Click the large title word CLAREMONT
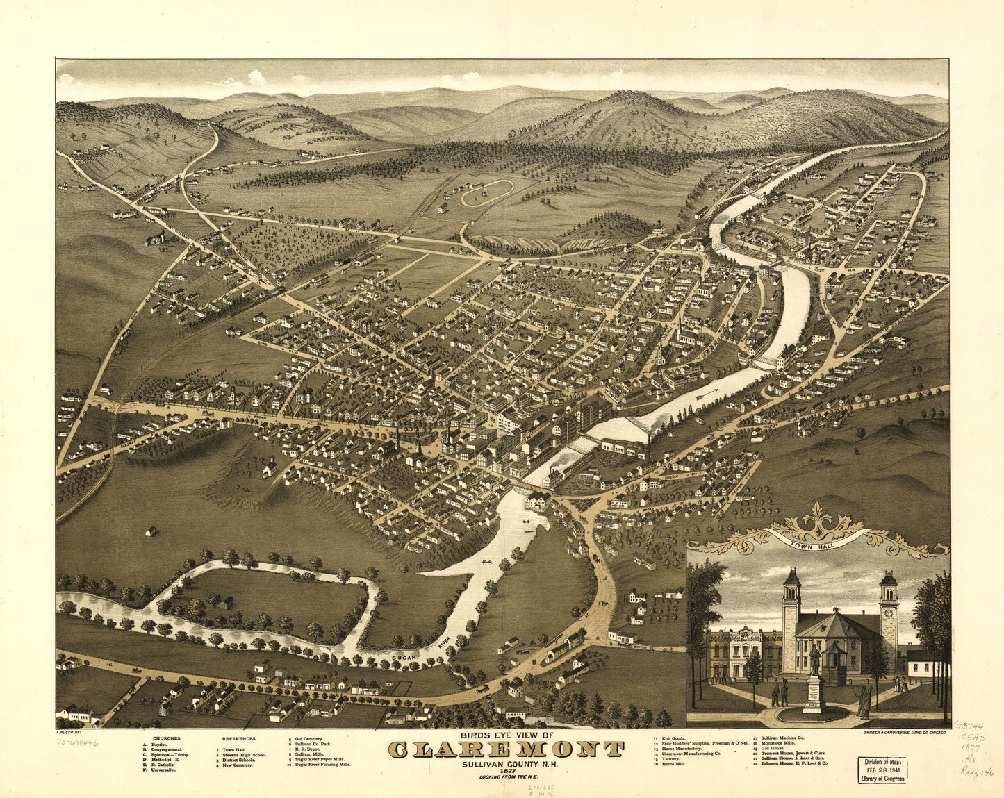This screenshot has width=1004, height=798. pyautogui.click(x=506, y=749)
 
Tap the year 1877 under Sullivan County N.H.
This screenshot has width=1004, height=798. pyautogui.click(x=506, y=770)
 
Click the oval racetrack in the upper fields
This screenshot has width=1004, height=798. pyautogui.click(x=487, y=192)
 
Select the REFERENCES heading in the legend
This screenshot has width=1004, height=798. pyautogui.click(x=239, y=738)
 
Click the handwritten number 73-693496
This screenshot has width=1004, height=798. pyautogui.click(x=77, y=742)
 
